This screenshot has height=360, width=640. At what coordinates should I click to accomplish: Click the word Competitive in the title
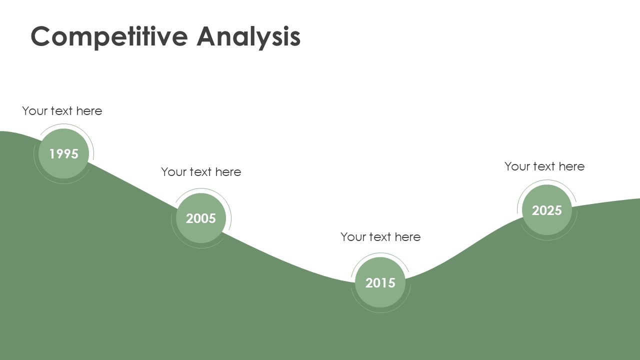pyautogui.click(x=109, y=37)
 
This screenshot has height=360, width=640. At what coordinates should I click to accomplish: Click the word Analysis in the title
pyautogui.click(x=248, y=37)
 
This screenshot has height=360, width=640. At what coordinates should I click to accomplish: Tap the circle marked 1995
pyautogui.click(x=63, y=153)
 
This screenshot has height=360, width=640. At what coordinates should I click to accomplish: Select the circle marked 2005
pyautogui.click(x=201, y=218)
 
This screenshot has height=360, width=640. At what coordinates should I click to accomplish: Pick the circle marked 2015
pyautogui.click(x=380, y=282)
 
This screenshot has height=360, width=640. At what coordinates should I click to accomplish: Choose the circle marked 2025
pyautogui.click(x=547, y=210)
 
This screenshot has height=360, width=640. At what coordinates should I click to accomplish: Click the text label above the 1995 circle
pyautogui.click(x=62, y=111)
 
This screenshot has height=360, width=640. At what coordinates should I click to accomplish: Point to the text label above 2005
pyautogui.click(x=201, y=172)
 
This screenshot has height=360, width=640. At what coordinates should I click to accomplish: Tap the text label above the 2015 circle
pyautogui.click(x=380, y=237)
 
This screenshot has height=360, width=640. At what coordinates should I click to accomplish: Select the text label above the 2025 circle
pyautogui.click(x=544, y=166)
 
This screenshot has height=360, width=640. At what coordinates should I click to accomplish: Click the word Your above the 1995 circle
pyautogui.click(x=35, y=111)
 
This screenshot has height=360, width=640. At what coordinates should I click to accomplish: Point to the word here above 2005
pyautogui.click(x=228, y=172)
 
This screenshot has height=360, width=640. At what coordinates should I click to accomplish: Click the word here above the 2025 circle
pyautogui.click(x=571, y=166)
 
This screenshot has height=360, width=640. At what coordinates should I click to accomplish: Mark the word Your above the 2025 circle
pyautogui.click(x=517, y=166)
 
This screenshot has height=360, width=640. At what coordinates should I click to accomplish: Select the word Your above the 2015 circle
pyautogui.click(x=353, y=237)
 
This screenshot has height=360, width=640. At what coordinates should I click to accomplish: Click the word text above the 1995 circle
pyautogui.click(x=61, y=111)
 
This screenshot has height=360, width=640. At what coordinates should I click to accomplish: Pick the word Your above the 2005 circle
pyautogui.click(x=174, y=172)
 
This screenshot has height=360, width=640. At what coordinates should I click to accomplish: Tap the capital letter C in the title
pyautogui.click(x=40, y=36)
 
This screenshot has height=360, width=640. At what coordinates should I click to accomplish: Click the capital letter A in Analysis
pyautogui.click(x=207, y=36)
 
